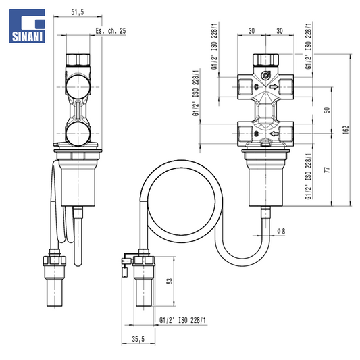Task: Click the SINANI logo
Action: click(x=27, y=26)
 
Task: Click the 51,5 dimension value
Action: click(x=78, y=12)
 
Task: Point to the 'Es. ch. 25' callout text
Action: click(x=111, y=31)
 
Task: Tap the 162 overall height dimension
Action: click(x=346, y=130)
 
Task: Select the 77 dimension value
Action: click(x=327, y=170)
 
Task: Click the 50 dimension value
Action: click(x=327, y=110)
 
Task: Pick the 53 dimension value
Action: click(x=170, y=281)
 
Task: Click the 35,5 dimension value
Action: click(x=138, y=339)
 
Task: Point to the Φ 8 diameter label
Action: click(x=281, y=231)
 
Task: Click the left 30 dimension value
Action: click(x=252, y=31)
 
